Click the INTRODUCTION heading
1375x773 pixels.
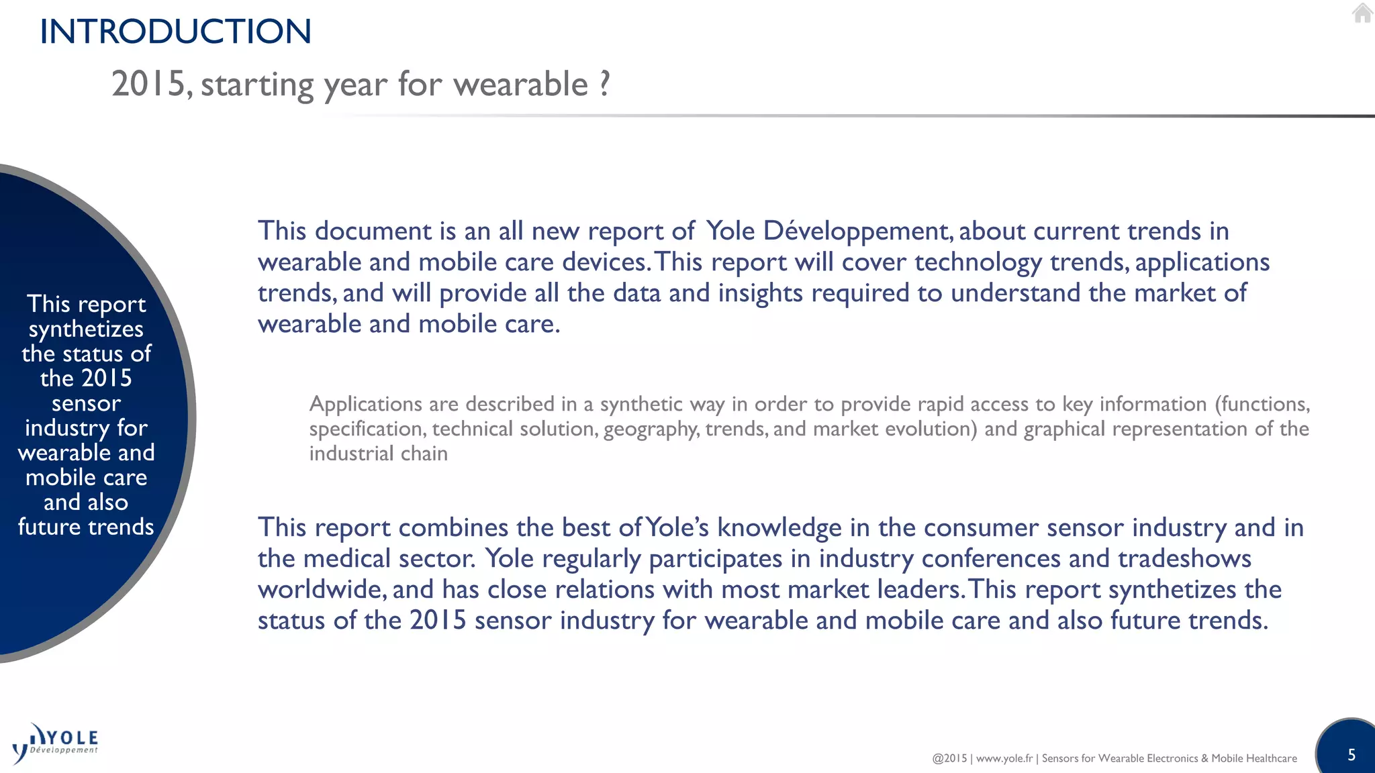click(175, 32)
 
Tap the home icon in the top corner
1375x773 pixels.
click(1362, 13)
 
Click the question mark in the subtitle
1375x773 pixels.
click(604, 84)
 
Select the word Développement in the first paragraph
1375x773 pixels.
click(857, 231)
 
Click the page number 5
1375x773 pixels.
click(1352, 755)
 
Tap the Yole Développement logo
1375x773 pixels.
click(56, 743)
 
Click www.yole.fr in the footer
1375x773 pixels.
click(1004, 758)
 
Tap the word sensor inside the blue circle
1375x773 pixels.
click(86, 403)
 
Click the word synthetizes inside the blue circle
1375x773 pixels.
click(86, 329)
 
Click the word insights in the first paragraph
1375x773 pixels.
click(760, 293)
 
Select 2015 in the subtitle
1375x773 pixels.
click(148, 85)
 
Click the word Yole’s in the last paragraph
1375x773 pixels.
click(677, 527)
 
